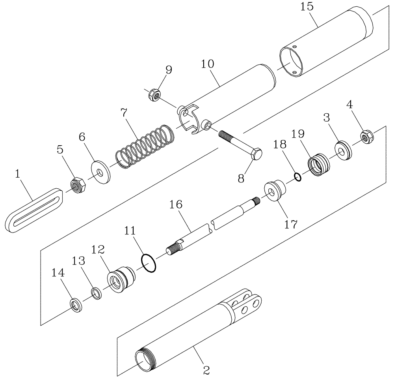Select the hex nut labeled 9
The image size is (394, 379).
click(x=154, y=95)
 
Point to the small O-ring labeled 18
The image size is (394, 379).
click(x=298, y=177)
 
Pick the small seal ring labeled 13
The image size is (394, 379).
click(x=96, y=294)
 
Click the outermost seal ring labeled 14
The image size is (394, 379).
click(x=76, y=305)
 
